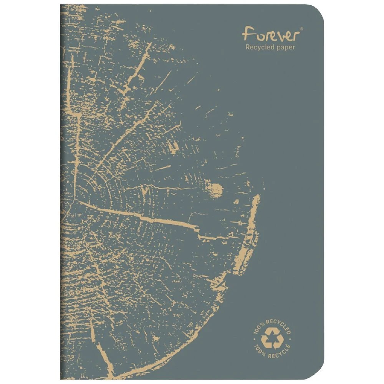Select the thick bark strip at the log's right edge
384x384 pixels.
(250, 238)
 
